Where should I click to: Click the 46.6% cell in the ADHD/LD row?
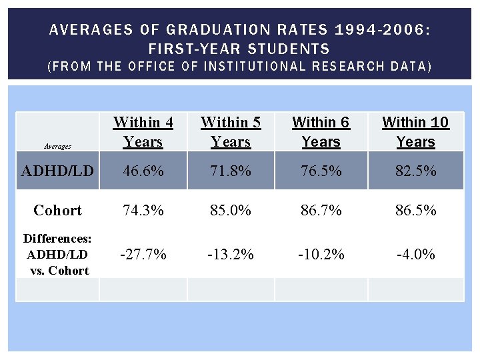[143, 171]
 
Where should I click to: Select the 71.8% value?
[231, 171]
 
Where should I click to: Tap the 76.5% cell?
[321, 171]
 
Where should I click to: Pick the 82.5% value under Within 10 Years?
[415, 171]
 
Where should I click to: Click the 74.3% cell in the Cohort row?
[143, 210]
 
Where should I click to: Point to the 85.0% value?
[231, 210]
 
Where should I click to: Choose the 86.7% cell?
[321, 210]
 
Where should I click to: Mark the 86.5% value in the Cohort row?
[415, 210]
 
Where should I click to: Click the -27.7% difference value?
[143, 254]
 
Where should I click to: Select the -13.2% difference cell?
[231, 254]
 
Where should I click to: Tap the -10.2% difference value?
[321, 254]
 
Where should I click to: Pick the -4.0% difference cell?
[415, 254]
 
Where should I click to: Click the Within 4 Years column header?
[143, 132]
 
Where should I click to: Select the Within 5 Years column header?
[231, 132]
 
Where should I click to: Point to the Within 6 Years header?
[321, 132]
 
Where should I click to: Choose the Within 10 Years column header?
[415, 132]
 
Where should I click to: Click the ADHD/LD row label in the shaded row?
[57, 171]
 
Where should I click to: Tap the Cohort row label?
[57, 210]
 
